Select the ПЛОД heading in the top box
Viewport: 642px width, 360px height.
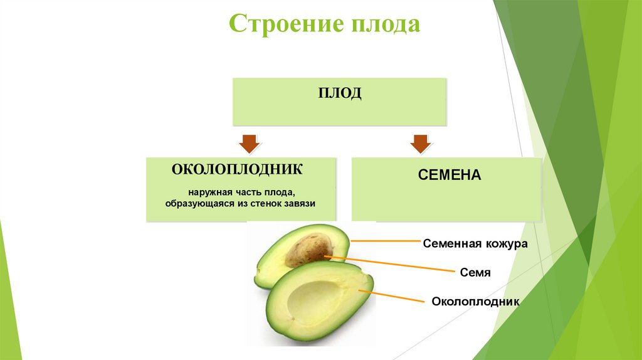point(339,93)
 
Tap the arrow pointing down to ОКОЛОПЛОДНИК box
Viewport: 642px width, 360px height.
point(248,144)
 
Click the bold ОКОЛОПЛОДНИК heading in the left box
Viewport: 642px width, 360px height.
point(238,169)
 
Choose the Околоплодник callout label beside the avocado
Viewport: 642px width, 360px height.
point(476,301)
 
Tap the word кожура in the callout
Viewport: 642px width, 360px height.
point(505,244)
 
